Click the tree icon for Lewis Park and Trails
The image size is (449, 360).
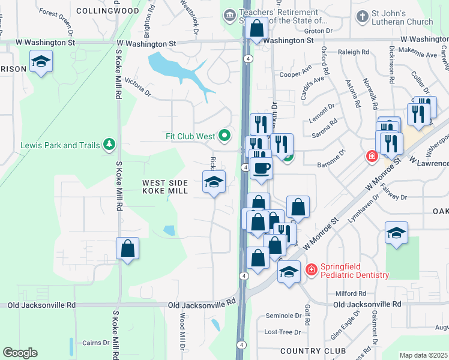[x=109, y=145]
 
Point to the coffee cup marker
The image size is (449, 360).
[x=261, y=168]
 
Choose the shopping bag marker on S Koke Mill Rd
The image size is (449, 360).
[x=127, y=247]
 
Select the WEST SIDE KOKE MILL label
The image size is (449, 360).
[x=165, y=187]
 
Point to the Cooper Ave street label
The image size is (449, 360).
[x=294, y=74]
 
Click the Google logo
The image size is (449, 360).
[x=20, y=353]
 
